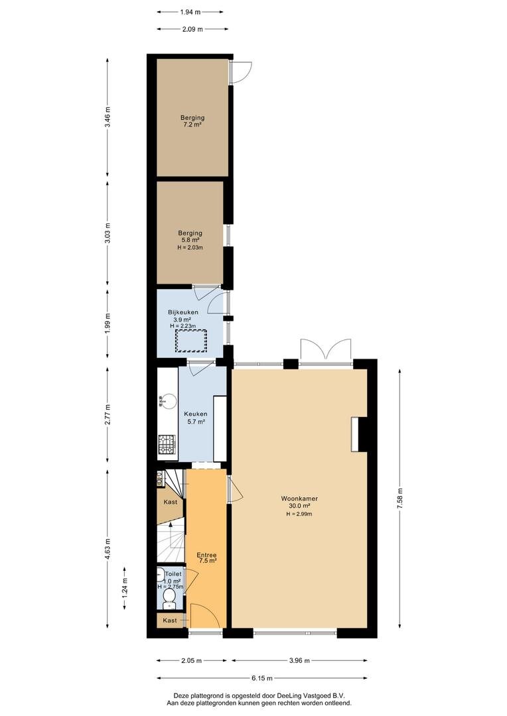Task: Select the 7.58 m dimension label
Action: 399,497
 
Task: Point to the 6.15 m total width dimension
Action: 262,678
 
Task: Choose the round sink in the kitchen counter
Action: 169,400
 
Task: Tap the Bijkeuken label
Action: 182,312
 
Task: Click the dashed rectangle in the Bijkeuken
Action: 190,341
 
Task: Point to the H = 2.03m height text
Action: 190,248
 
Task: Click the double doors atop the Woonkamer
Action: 325,350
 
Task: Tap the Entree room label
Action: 206,555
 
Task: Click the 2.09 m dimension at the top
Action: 192,29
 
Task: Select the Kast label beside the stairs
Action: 170,503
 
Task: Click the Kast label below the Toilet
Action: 170,621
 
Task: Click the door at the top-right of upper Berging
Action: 240,72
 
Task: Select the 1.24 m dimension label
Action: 125,589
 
